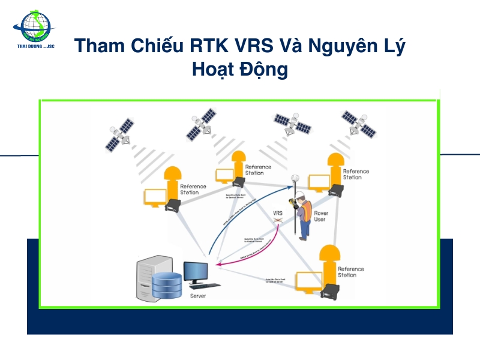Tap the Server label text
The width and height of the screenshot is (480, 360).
pos(199,296)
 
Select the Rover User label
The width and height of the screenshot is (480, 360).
pos(320,216)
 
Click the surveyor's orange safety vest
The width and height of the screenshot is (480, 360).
pos(305,214)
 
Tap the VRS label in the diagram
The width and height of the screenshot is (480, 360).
pos(278,213)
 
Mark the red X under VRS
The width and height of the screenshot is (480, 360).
pos(278,221)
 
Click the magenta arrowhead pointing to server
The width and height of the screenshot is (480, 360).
pos(218,263)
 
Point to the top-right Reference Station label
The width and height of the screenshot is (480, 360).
pos(356,174)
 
